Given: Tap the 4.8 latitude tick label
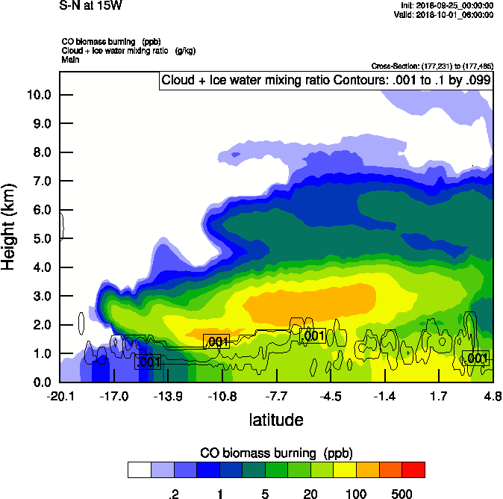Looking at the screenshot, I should (492, 396).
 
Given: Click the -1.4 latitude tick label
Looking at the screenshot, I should (384, 396).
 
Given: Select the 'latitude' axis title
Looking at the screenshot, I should (276, 420).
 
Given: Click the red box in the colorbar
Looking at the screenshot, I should (413, 470).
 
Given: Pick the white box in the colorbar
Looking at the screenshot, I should (140, 470).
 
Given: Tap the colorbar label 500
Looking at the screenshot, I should (402, 494).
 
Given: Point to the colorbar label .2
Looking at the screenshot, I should (174, 494).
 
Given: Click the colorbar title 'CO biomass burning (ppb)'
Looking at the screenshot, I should (276, 453).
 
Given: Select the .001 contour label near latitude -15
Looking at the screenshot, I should (148, 362).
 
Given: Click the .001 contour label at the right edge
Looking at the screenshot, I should (476, 359).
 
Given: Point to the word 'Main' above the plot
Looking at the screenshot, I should (70, 59).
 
